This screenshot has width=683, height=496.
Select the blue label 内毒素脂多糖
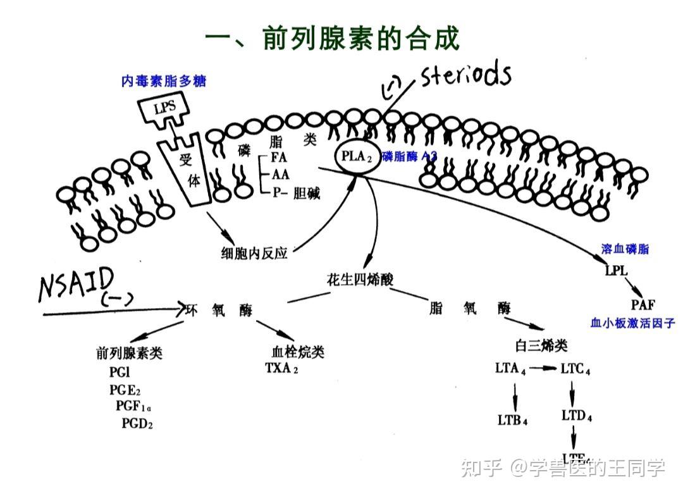(164, 81)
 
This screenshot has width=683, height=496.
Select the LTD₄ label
(576, 416)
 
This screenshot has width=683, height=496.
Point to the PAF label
(643, 305)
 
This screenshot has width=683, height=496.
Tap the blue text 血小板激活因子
(632, 323)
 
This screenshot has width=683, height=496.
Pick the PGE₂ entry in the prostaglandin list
(125, 389)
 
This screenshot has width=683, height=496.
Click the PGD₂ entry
(137, 423)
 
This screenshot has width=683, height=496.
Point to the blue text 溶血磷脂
(625, 249)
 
